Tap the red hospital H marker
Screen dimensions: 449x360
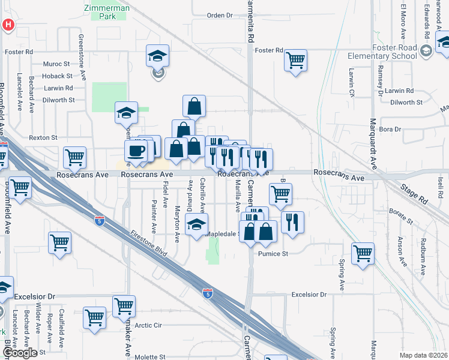[x=8, y=25]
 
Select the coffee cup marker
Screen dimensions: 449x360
[x=135, y=151]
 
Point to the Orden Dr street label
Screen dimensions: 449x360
[x=219, y=15]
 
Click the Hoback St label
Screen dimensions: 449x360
[x=58, y=76]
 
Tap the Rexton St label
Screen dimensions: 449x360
[x=43, y=137]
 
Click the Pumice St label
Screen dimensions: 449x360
[x=273, y=254]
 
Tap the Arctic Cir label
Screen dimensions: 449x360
[x=148, y=325]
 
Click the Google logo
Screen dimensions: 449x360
[x=20, y=353]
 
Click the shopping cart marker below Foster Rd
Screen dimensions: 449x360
[x=295, y=60]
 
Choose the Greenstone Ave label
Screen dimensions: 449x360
[x=82, y=51]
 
